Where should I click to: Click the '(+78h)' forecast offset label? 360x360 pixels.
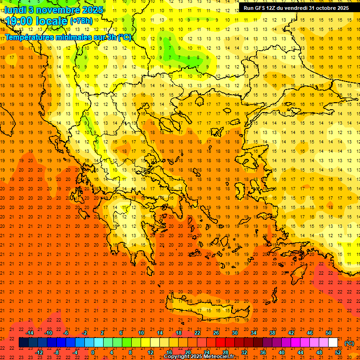[x=81, y=22]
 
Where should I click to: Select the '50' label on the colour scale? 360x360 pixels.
[x=328, y=333]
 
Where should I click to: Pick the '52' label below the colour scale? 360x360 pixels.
[x=337, y=352]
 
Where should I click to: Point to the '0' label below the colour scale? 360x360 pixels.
[x=93, y=352]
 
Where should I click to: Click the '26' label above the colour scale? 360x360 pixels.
[x=216, y=333]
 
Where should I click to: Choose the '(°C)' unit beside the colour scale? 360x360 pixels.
[x=349, y=343]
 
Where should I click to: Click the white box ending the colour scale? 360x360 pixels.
[x=333, y=343]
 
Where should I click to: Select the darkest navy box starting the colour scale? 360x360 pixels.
[x=23, y=343]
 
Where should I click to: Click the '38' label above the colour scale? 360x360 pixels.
[x=272, y=333]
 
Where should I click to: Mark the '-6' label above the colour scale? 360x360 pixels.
[x=67, y=333]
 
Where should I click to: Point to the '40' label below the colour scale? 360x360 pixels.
[x=281, y=352]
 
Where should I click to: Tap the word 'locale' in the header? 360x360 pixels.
[x=52, y=22]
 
